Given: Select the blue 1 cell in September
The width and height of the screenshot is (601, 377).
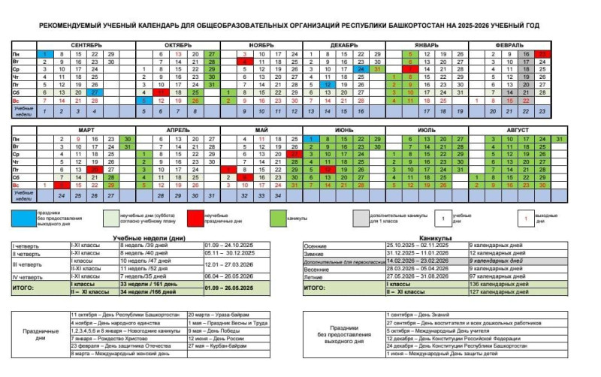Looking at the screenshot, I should coord(45,55).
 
